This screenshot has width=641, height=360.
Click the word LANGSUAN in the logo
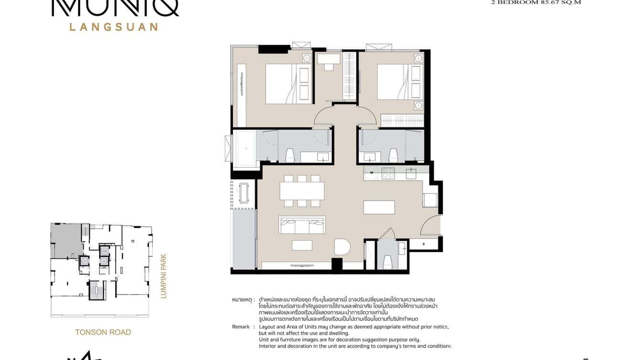point(114,27)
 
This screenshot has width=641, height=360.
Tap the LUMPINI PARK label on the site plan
point(163,275)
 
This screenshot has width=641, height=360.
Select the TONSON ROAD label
point(103,332)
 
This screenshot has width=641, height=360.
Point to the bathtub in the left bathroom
point(246,148)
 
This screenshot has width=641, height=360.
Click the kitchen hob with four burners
point(388,173)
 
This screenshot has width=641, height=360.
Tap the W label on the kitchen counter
point(371,173)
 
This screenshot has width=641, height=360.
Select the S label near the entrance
point(424,244)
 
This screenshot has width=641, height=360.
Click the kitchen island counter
point(379,207)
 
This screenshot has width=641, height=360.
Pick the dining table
point(302,191)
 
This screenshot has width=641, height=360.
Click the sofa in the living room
point(302,224)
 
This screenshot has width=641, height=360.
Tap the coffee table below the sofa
point(302,245)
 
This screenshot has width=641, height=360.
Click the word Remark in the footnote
point(241,327)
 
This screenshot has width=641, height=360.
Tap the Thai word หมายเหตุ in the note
point(242,299)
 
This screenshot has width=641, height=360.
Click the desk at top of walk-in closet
point(328,59)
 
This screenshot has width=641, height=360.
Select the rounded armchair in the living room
point(342,248)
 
